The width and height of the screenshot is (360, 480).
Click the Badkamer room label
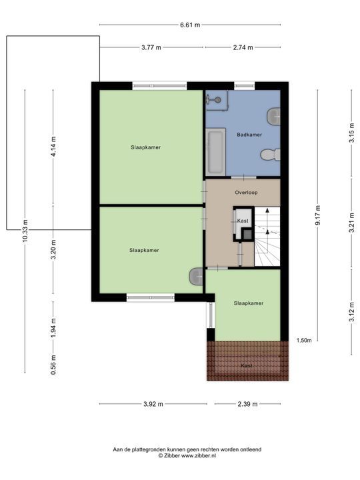click(x=249, y=135)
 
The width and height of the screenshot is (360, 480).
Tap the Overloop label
click(x=246, y=193)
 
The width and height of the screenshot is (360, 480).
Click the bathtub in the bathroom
click(x=215, y=152)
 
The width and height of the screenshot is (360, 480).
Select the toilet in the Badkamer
click(x=269, y=155)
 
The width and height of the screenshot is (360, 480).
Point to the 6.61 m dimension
click(x=189, y=25)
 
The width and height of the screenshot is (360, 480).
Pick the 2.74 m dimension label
click(x=243, y=47)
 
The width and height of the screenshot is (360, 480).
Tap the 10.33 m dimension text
click(x=25, y=231)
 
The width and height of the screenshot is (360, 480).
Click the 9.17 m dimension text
click(x=317, y=217)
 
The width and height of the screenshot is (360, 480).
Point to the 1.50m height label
click(x=303, y=341)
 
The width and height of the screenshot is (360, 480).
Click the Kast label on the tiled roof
click(x=247, y=365)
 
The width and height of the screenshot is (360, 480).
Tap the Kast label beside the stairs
click(x=243, y=220)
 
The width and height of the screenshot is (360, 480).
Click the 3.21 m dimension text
click(x=351, y=217)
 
